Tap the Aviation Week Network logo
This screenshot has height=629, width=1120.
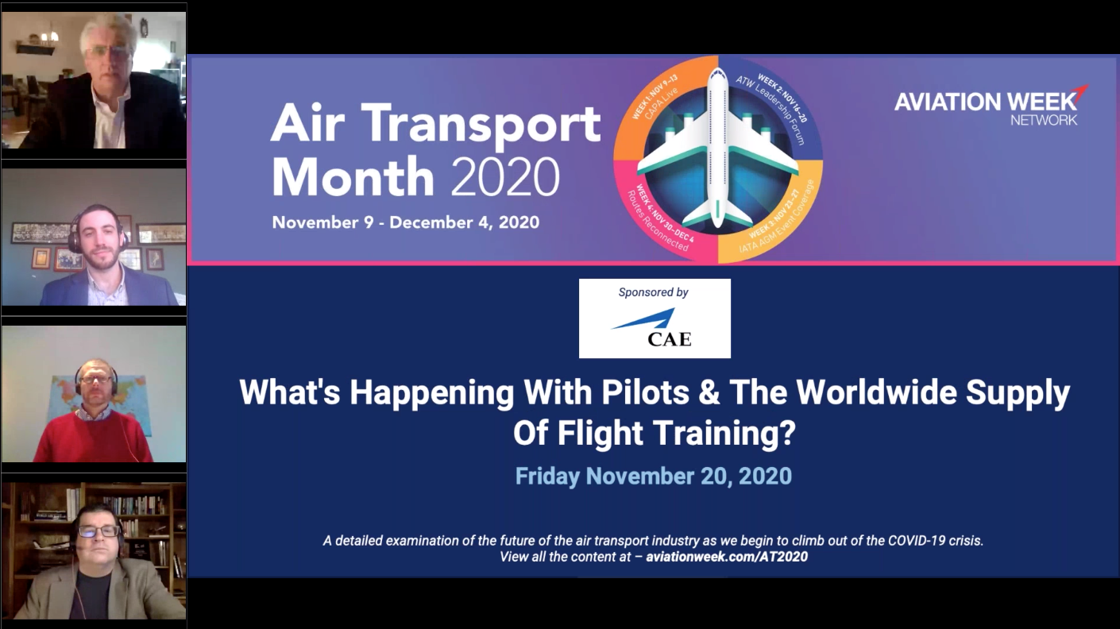click(x=990, y=106)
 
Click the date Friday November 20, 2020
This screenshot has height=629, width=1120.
click(x=653, y=476)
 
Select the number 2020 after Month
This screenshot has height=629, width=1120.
click(x=506, y=176)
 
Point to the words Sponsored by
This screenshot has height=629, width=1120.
click(x=653, y=292)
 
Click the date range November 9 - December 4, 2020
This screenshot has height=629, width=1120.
click(x=405, y=222)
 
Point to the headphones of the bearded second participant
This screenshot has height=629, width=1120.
click(x=74, y=233)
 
